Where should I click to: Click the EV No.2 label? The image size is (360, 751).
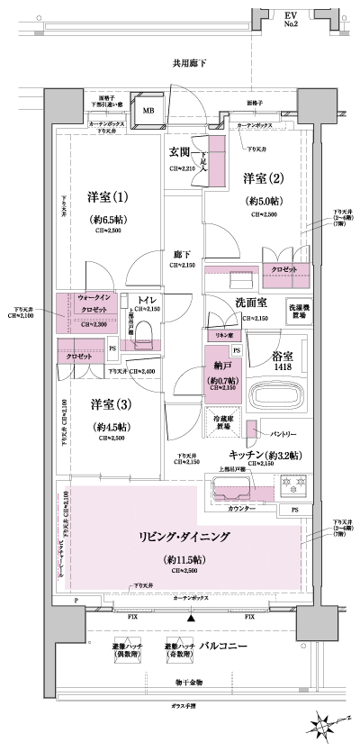click(318, 21)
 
